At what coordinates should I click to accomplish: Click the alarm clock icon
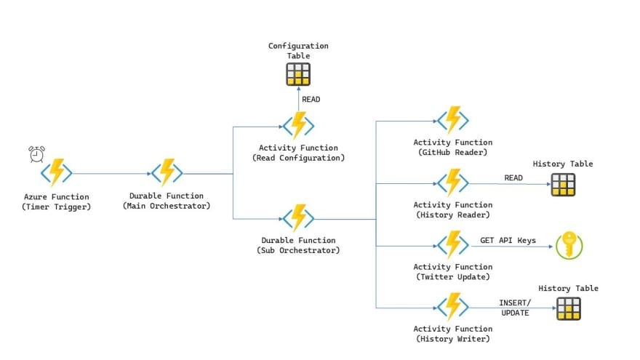[x=37, y=154]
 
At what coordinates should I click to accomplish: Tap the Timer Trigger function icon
[x=56, y=172]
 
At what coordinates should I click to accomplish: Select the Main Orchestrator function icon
[x=167, y=172]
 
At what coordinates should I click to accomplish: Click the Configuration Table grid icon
[x=298, y=74]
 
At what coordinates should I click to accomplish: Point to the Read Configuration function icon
[x=298, y=126]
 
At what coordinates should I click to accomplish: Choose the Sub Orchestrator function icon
[x=298, y=218]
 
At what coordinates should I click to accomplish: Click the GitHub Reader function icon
[x=453, y=120]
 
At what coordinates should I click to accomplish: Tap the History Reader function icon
[x=453, y=183]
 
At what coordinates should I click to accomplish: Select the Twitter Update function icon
[x=453, y=245]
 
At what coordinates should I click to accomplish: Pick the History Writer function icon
[x=453, y=306]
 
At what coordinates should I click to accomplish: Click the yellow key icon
[x=569, y=245]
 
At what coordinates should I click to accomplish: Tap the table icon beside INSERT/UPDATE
[x=569, y=308]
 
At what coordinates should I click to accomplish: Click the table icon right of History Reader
[x=563, y=185]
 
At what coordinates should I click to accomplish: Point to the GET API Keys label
[x=508, y=241]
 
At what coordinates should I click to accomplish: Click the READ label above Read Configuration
[x=311, y=99]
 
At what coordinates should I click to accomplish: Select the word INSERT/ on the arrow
[x=515, y=303]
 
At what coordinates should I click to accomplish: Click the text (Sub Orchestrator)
[x=298, y=250]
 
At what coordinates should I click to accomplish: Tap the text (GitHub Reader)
[x=453, y=152]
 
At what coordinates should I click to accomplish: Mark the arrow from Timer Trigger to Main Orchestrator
[x=112, y=174]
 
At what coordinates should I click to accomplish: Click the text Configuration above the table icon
[x=298, y=46]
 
